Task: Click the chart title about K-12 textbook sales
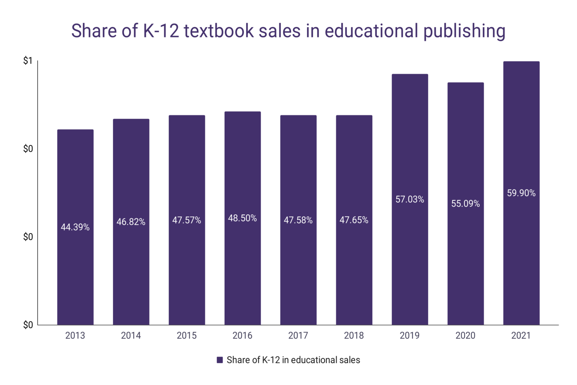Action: [288, 31]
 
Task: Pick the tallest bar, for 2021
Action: [521, 263]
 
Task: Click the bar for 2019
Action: [409, 263]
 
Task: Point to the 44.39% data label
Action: [75, 227]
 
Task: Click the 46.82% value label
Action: [131, 222]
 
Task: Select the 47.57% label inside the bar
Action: [187, 220]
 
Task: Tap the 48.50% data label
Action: [242, 218]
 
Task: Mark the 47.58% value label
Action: [298, 220]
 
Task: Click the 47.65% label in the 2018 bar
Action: [354, 220]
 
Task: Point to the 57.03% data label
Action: [409, 199]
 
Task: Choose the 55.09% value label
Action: [465, 203]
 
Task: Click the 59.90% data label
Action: [521, 193]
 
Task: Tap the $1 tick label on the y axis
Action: [28, 61]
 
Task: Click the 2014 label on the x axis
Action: [131, 335]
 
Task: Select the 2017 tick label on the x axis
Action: [298, 335]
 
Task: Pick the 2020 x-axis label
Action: [465, 335]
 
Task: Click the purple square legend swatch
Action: [220, 360]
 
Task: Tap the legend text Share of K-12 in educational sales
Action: [293, 360]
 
